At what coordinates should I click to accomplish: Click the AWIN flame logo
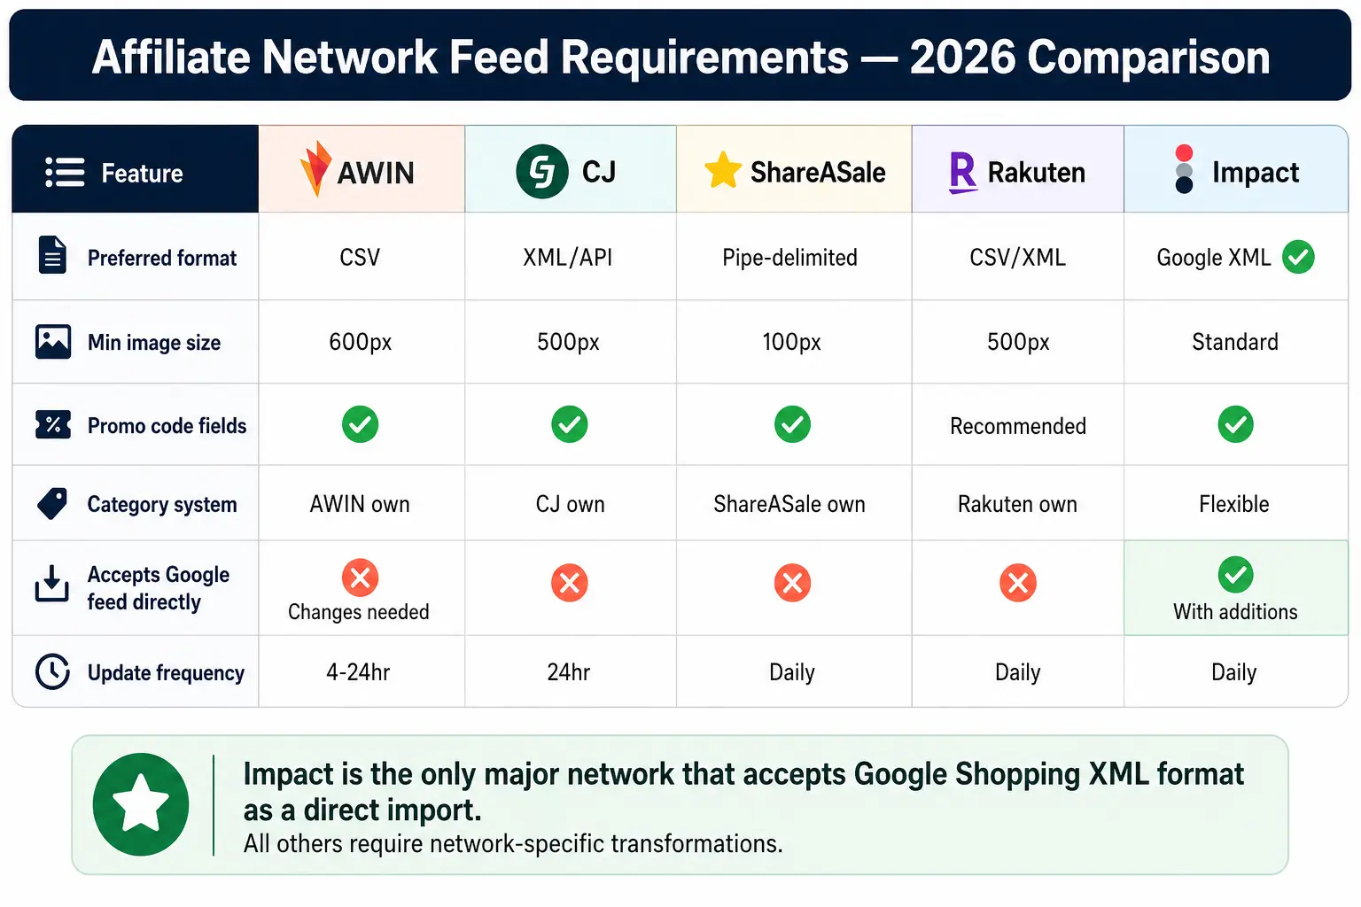pos(315,169)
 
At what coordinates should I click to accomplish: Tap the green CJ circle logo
pos(542,172)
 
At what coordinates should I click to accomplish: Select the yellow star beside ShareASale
pos(722,170)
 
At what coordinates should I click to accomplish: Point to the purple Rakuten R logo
pos(963,173)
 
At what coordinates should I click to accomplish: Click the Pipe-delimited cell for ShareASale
pos(789,258)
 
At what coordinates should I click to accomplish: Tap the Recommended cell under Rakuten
pos(1018,426)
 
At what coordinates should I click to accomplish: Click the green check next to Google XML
pos(1298,257)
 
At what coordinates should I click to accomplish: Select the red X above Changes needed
pos(361,578)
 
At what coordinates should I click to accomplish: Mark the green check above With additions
pos(1235,574)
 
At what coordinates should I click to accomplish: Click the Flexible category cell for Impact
pos(1234,504)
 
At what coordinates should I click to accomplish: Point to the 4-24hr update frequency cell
pos(358,672)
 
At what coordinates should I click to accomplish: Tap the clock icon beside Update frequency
pos(52,671)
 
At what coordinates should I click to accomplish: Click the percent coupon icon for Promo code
pos(53,424)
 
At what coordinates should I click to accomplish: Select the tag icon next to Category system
pos(52,504)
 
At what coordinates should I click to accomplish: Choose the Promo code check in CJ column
pos(570,424)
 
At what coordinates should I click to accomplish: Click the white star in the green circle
pos(141,802)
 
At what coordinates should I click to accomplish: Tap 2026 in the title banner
pos(962,57)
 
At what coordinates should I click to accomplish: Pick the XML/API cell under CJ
pos(567,258)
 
